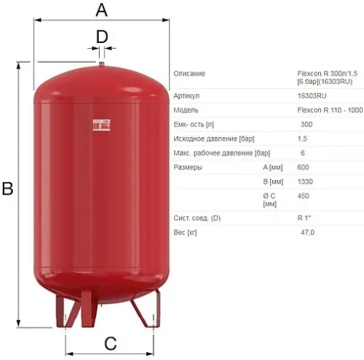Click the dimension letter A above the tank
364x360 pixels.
point(102,9)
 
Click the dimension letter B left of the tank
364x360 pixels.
point(8,189)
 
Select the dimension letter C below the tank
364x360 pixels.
point(110,343)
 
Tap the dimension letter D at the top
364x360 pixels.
point(102,36)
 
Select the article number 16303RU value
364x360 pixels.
point(311,95)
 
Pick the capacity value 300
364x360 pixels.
point(306,124)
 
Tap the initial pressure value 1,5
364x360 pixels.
point(302,138)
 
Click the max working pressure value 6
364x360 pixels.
point(302,153)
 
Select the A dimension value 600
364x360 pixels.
point(304,168)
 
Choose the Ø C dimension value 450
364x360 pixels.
point(304,196)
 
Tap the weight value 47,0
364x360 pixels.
point(307,232)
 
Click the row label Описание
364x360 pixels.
point(189,74)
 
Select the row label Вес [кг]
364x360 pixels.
point(186,232)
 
